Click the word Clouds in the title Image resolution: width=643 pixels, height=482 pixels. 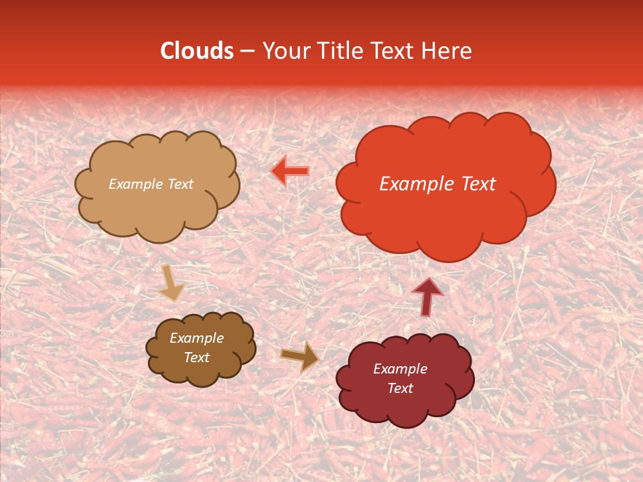(x=197, y=51)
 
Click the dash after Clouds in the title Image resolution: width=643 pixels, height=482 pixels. (x=246, y=52)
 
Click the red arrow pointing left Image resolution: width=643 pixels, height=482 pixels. (x=289, y=171)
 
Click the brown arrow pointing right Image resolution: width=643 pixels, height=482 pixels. (x=299, y=356)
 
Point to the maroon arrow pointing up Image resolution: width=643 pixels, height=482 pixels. (x=427, y=297)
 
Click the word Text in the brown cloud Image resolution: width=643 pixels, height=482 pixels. (x=197, y=357)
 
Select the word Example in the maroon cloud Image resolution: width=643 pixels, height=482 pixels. (x=400, y=369)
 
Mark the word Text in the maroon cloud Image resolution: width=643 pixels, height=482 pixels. (x=400, y=388)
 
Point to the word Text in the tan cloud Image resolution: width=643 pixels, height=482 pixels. (x=180, y=184)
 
